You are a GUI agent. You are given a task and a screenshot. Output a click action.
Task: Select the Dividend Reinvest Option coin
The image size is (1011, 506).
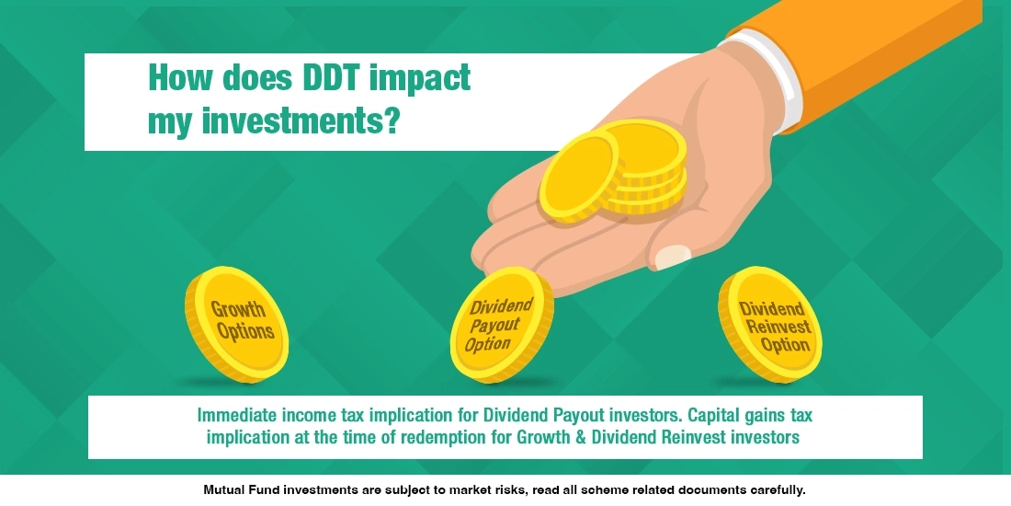pyautogui.click(x=769, y=323)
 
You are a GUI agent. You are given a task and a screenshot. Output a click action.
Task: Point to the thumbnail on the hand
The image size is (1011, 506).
pyautogui.click(x=675, y=255)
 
